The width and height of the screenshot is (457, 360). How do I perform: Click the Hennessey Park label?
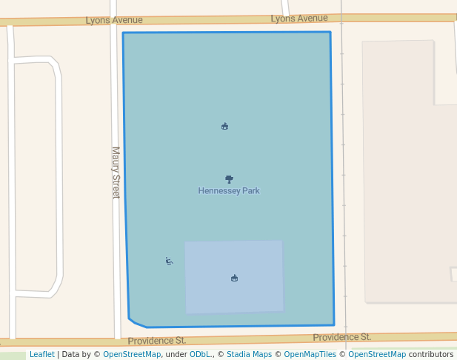pos(229,191)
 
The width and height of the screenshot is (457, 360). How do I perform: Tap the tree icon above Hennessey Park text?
pos(229,179)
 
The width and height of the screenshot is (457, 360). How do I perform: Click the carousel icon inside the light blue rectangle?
pos(234,278)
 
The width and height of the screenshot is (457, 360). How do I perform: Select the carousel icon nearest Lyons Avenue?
pos(224,126)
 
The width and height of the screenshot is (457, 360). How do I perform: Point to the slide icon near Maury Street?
pos(169,261)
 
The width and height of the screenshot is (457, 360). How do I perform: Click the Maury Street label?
pos(116,172)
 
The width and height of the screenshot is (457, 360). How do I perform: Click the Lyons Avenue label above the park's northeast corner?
pos(299,18)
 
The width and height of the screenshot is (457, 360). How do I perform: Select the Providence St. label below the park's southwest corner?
pos(156,341)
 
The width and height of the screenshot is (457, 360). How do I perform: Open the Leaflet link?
pos(41,355)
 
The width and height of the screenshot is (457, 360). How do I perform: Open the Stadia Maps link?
pos(249,355)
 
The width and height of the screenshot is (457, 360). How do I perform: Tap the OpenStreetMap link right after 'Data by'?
pos(131,355)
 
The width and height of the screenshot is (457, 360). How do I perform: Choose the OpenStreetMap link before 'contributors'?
pos(377,355)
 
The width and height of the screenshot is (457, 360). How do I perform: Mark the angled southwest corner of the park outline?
pos(135,322)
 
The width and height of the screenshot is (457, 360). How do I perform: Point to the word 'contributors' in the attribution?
pos(431,355)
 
